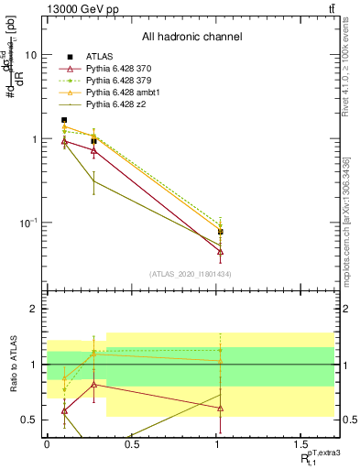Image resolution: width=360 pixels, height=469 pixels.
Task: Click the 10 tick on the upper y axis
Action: pos(30,55)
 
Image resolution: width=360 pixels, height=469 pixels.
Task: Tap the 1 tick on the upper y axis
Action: pos(33,139)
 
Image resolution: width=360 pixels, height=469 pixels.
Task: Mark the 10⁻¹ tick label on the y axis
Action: pos(28,223)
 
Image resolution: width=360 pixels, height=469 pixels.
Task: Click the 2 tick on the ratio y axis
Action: pos(33,310)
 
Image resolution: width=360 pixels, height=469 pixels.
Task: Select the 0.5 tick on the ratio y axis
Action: pos(30,420)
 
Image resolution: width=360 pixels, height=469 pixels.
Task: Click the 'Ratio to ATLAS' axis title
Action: pos(11,365)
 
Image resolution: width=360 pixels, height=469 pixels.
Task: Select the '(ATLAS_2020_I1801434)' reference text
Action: pos(191,274)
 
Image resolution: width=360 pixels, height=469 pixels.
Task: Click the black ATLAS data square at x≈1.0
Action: pos(221,232)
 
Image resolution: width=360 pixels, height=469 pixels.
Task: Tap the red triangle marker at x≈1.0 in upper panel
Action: pos(221,251)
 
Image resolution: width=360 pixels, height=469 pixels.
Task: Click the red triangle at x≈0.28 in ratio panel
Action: pos(93,384)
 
